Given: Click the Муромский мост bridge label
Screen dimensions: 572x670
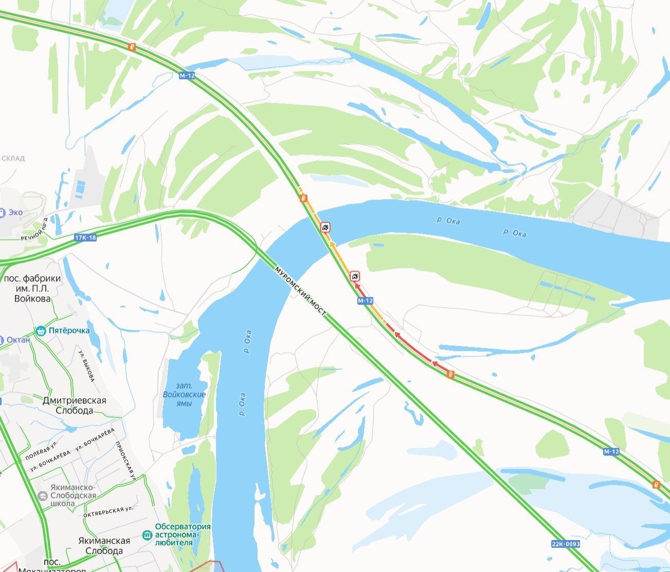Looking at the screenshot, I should click(x=300, y=291).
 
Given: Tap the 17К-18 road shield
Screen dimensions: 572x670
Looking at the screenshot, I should click(x=85, y=237).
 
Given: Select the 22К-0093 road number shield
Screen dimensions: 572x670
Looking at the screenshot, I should click(x=566, y=544).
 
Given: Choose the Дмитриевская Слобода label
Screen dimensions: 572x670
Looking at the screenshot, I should click(x=75, y=405).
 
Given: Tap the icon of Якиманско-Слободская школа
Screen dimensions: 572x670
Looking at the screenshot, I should click(x=43, y=495).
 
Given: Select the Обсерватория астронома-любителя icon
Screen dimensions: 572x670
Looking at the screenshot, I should click(x=148, y=534).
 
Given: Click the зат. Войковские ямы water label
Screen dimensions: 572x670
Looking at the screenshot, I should click(x=184, y=395).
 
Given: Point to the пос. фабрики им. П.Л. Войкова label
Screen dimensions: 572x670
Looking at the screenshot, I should click(x=32, y=288).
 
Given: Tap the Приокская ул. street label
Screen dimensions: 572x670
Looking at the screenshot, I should click(x=125, y=461).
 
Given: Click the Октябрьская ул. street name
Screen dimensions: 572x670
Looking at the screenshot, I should click(x=108, y=511).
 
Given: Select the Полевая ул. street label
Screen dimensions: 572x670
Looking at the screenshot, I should click(x=41, y=451).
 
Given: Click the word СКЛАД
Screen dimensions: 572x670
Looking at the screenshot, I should click(x=12, y=158).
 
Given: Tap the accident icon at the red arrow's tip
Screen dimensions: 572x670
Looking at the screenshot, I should click(x=355, y=276).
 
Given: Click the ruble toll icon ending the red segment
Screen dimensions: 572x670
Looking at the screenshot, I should click(x=450, y=374).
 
